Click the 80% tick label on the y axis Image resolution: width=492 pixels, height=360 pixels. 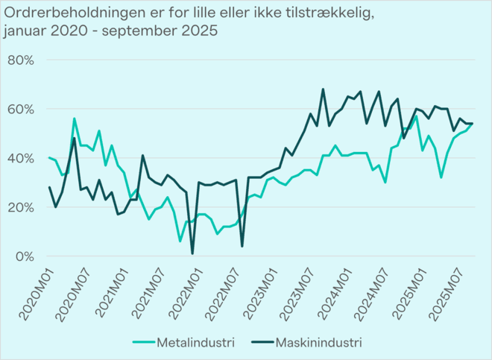pos(20,60)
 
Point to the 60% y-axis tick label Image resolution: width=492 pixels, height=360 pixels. pos(20,109)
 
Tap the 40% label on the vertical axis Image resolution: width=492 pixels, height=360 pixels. pos(20,158)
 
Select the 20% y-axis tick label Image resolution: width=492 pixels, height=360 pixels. pos(20,207)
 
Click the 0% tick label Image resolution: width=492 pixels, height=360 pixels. pos(24,256)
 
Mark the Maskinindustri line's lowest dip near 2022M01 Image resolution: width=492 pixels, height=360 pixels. pos(192,253)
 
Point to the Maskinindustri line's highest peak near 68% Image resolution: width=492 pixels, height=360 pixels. pos(323,89)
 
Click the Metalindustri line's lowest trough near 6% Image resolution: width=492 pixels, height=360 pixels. pos(180,241)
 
